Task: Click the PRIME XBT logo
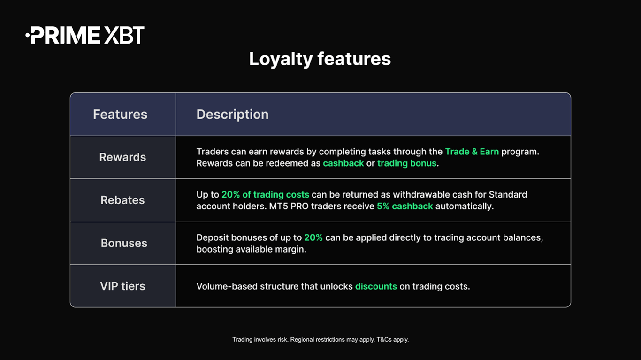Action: [85, 36]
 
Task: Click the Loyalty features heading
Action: [320, 59]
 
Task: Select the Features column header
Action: [120, 115]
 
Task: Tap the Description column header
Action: [232, 115]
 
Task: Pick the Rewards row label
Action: [122, 157]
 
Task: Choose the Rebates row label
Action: [122, 200]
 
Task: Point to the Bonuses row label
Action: [124, 243]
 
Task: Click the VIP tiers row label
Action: [122, 286]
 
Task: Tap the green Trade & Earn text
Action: [472, 152]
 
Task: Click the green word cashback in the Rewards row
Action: [343, 163]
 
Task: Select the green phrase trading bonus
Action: [407, 163]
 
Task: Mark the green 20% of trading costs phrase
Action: [265, 194]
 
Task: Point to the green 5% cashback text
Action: [404, 207]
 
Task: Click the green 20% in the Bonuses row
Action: [313, 237]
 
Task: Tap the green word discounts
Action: [376, 286]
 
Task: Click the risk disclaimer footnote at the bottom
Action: [320, 339]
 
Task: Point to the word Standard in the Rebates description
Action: [508, 194]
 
